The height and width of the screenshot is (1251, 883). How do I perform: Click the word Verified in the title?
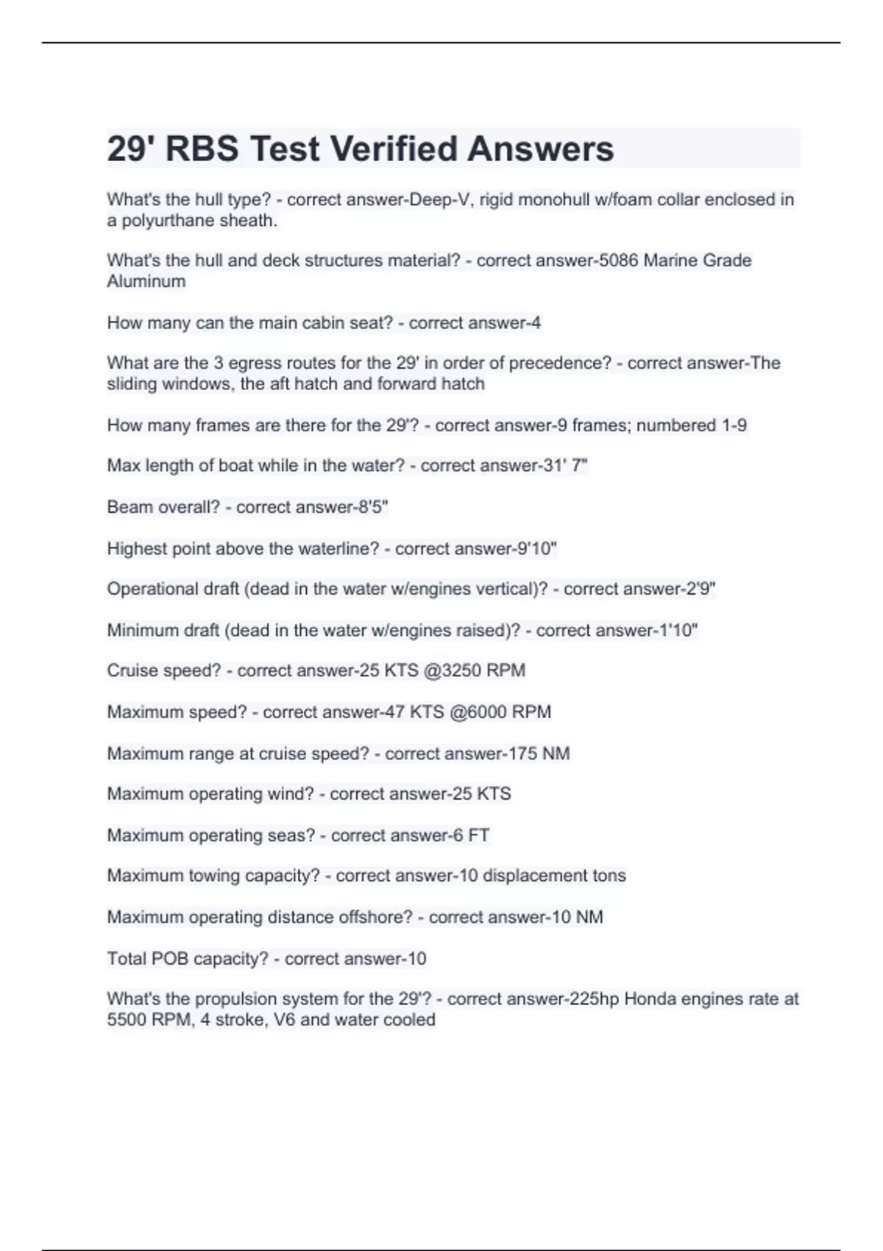[394, 149]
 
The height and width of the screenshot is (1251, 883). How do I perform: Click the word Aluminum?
[146, 281]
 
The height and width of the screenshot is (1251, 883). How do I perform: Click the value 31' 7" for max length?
[565, 465]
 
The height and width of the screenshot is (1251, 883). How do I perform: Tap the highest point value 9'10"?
[537, 548]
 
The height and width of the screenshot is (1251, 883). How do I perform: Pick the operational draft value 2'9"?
[698, 589]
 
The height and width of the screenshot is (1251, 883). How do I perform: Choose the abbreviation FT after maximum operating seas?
[478, 835]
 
